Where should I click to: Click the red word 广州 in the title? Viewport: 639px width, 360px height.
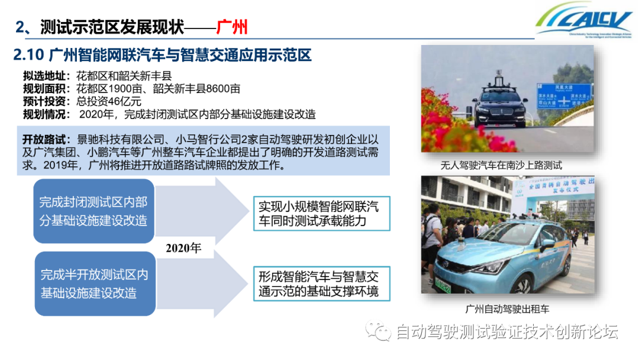231,27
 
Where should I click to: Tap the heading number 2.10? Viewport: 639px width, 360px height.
29,56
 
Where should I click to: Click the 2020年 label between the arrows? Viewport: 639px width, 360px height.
183,248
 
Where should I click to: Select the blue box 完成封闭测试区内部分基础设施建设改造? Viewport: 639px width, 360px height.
93,211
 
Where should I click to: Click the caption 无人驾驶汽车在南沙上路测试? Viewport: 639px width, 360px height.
502,166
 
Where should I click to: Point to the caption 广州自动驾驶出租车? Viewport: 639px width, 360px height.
507,308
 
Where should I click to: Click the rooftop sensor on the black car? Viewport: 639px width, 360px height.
499,79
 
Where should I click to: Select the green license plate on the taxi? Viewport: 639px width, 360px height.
443,285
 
